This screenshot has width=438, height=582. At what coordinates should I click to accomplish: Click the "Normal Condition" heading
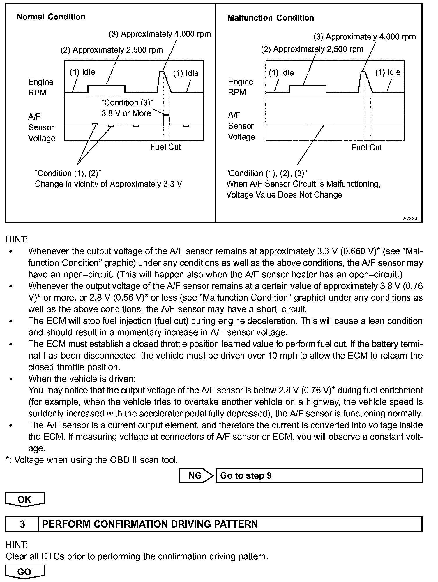click(x=51, y=17)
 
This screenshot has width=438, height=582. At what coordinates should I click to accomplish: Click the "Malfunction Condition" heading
click(x=271, y=18)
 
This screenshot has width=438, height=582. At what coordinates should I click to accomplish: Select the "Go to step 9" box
click(x=319, y=475)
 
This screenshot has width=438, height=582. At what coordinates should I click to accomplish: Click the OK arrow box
click(x=25, y=499)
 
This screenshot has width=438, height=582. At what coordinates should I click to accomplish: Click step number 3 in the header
click(x=22, y=524)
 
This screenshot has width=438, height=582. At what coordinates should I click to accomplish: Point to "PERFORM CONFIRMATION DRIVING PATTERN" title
click(x=150, y=524)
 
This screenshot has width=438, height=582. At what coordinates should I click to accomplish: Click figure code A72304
click(x=411, y=219)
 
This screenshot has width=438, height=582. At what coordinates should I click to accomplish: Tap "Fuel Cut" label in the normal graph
click(x=165, y=147)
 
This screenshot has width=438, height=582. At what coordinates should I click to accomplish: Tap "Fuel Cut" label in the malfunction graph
click(x=366, y=148)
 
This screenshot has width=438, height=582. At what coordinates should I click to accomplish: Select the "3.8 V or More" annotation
click(x=126, y=113)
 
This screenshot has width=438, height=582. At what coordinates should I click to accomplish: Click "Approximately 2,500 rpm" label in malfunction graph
click(x=312, y=49)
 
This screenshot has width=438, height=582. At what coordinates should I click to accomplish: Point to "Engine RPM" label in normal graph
click(x=41, y=87)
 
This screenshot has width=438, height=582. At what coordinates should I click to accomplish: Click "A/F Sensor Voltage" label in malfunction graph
click(x=241, y=126)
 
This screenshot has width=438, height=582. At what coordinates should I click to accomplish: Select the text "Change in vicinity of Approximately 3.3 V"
click(x=108, y=184)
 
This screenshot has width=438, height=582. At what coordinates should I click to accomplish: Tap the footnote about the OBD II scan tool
click(x=92, y=460)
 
